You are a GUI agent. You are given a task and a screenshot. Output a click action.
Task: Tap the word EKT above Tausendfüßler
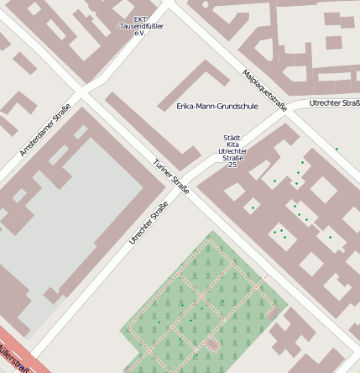pyautogui.click(x=140, y=19)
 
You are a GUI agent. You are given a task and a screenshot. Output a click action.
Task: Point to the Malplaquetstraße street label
pyautogui.click(x=264, y=90)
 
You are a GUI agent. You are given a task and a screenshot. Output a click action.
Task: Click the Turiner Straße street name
pyautogui.click(x=171, y=177)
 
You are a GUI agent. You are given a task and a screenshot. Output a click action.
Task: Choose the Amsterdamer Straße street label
pyautogui.click(x=45, y=129)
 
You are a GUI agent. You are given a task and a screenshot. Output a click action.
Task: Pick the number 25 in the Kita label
pyautogui.click(x=232, y=165)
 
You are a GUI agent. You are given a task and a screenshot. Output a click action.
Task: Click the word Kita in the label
pyautogui.click(x=232, y=144)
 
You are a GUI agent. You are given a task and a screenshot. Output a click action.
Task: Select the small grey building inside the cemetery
pyautogui.click(x=213, y=344)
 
